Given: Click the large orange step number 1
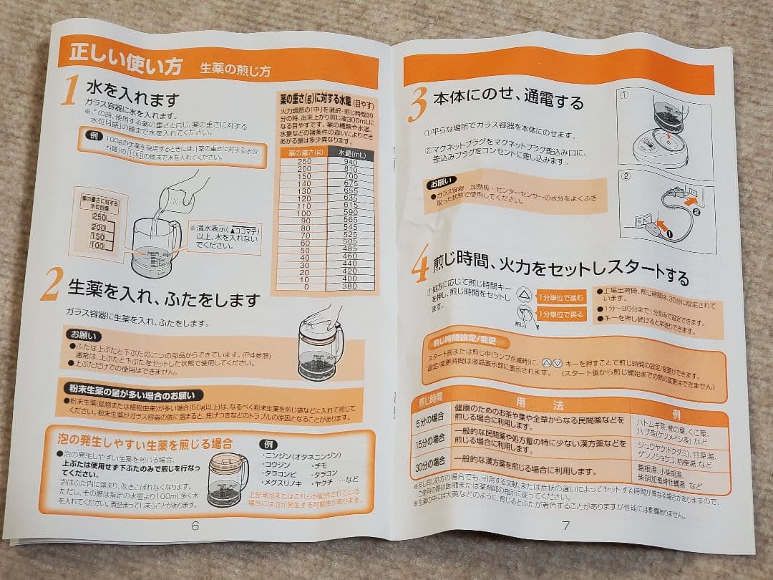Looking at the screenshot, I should [69, 92].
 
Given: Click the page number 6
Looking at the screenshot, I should [195, 524].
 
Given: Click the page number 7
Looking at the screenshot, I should [565, 525].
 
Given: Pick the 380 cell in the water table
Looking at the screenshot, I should [349, 286].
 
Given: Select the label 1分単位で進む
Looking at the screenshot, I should [562, 296].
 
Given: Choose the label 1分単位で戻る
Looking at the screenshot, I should [562, 314].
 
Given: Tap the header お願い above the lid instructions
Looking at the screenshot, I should [84, 335].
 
